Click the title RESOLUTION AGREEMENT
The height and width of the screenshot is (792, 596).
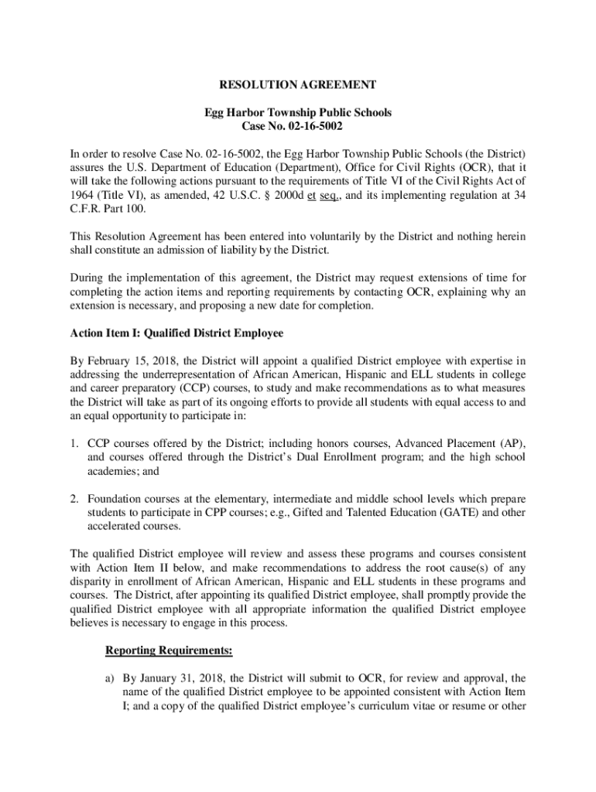[x=298, y=84]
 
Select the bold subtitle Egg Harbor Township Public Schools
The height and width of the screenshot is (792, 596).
[x=298, y=113]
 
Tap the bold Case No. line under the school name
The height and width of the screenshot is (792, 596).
[x=298, y=126]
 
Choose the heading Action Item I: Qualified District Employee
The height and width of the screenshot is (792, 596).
[x=176, y=333]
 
